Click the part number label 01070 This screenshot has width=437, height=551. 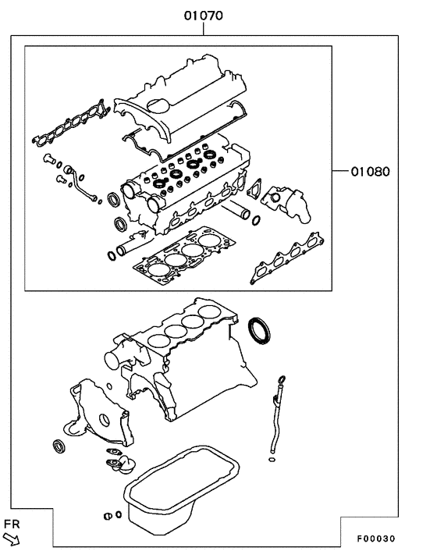click(x=203, y=13)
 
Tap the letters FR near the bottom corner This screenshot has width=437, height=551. click(x=11, y=523)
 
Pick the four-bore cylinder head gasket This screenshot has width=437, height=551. click(x=180, y=254)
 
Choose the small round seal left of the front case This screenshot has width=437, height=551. click(x=57, y=447)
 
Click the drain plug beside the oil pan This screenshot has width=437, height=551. click(x=108, y=516)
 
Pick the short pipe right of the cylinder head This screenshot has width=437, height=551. click(x=239, y=212)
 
